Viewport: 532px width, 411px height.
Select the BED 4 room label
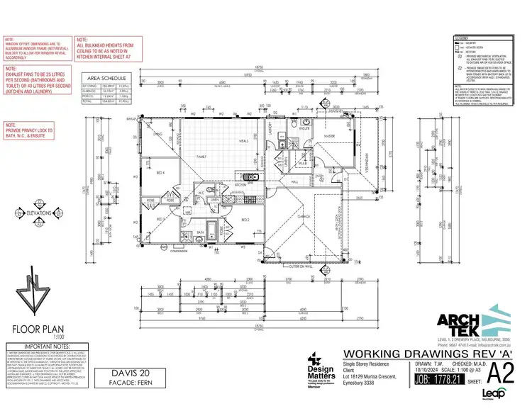pyautogui.click(x=160, y=172)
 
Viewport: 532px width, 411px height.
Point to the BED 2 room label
pyautogui.click(x=245, y=220)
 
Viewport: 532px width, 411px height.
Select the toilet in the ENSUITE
pyautogui.click(x=292, y=125)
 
